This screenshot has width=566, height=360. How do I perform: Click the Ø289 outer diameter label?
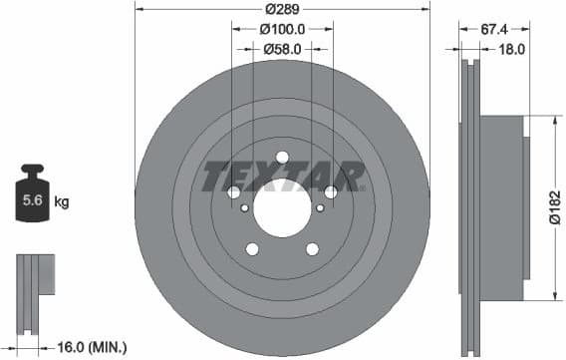(282, 11)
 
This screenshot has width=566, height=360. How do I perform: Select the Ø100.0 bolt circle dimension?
(282, 29)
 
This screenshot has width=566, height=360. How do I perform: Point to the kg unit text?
(62, 202)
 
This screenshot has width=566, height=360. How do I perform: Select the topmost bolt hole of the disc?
(282, 157)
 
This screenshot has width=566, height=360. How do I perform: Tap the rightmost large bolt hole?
(330, 191)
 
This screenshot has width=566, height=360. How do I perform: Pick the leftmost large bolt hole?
(234, 191)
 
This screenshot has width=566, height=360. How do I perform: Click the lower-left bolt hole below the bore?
(252, 248)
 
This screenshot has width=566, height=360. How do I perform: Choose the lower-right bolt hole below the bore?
(312, 248)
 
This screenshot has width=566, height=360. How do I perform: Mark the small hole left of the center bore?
(245, 208)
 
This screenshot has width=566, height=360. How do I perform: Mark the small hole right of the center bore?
(319, 208)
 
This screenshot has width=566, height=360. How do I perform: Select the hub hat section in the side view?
(503, 207)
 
